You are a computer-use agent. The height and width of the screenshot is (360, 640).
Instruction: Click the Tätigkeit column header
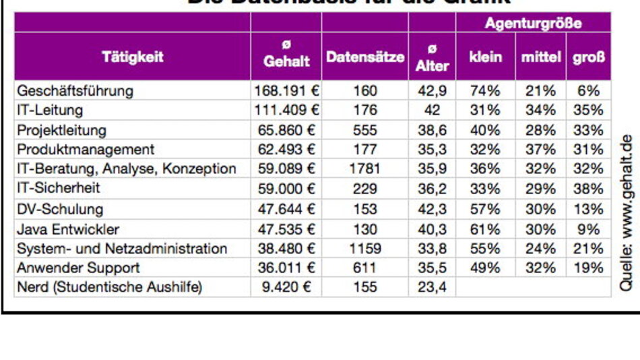coord(133,57)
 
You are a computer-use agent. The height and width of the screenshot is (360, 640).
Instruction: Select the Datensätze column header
coord(365,57)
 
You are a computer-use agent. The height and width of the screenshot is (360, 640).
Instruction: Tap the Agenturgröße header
coord(533,24)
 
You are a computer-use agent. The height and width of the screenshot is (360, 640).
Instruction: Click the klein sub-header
coord(486,57)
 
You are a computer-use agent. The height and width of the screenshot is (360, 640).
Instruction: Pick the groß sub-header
coord(588,57)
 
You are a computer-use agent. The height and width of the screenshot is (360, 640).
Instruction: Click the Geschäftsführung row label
coord(75,90)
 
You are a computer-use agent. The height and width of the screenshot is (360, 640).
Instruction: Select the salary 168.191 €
coord(286,90)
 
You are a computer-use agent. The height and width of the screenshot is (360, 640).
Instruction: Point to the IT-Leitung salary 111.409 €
coord(286,110)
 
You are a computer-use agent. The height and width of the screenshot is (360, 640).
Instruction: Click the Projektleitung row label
coord(62,129)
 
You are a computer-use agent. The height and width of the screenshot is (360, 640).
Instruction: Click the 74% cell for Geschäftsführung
coord(486,90)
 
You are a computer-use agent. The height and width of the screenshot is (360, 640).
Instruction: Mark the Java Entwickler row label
coord(68,229)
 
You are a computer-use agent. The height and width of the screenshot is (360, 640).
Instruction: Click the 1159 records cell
coord(365,249)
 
